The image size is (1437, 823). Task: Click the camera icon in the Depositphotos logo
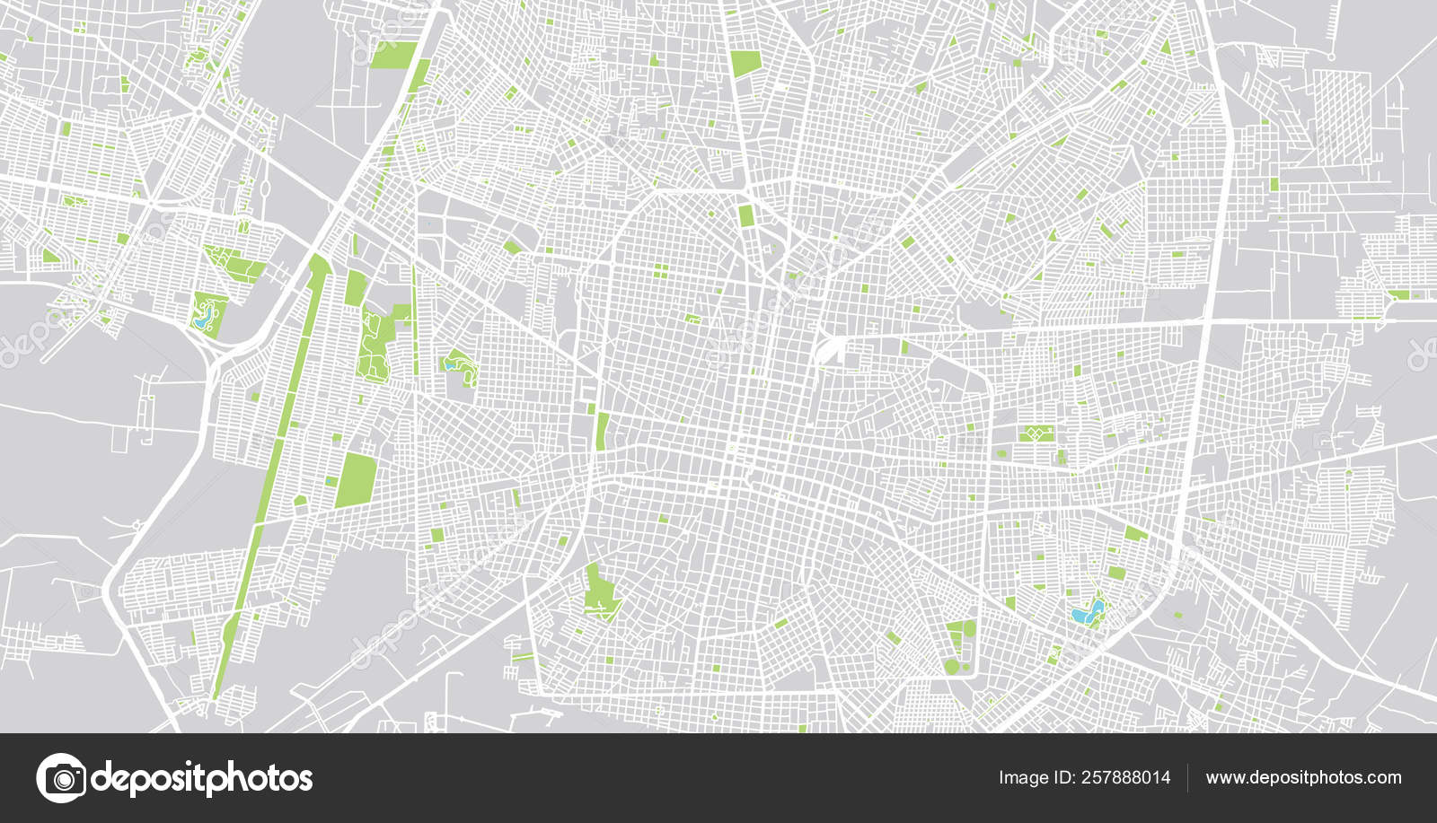(61, 777)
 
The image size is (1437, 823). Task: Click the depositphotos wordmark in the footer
(202, 778)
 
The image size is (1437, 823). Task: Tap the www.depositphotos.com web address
(1303, 778)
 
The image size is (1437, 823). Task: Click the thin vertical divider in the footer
(1187, 778)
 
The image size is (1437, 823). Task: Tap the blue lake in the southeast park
(1088, 612)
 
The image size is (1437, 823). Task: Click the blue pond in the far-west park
(205, 315)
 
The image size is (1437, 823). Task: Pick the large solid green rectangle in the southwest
(357, 480)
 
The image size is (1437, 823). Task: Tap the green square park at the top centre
(745, 64)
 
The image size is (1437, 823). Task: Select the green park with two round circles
(960, 646)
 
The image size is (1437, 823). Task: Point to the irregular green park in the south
(600, 592)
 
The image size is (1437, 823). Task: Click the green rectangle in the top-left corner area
(393, 55)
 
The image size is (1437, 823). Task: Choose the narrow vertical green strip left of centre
(601, 431)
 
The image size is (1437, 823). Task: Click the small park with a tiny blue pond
(457, 365)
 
